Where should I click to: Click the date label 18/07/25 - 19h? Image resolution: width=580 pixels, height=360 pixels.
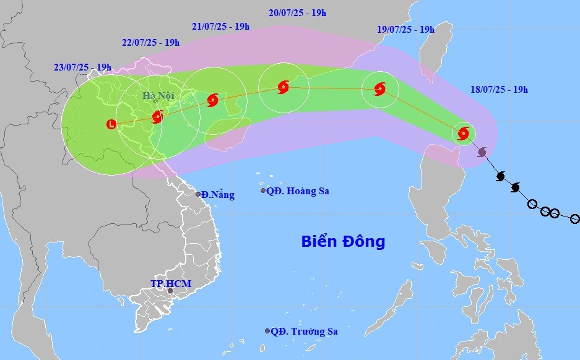(x=498, y=90)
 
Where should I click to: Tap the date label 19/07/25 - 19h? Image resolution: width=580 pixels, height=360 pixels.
(x=405, y=29)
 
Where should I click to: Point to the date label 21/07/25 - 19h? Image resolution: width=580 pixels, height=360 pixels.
(x=221, y=27)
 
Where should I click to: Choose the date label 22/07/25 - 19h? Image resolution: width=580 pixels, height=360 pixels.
(x=151, y=43)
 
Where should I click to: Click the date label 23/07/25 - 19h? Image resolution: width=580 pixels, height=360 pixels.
(x=82, y=67)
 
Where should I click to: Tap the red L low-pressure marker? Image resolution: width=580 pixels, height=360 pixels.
(x=111, y=124)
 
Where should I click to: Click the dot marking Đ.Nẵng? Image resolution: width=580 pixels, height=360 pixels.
(x=199, y=194)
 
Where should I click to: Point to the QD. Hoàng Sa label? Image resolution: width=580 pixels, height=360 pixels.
(x=298, y=191)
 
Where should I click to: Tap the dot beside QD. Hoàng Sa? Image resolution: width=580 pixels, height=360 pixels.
(x=262, y=191)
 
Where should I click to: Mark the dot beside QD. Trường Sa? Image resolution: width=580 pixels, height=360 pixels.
(x=267, y=331)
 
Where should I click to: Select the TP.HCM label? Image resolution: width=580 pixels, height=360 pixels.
(x=171, y=284)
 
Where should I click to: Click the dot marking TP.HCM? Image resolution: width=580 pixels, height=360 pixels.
(x=170, y=291)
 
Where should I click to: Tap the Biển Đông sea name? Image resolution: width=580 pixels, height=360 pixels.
(x=343, y=241)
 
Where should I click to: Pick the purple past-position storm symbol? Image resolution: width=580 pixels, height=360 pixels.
(x=482, y=152)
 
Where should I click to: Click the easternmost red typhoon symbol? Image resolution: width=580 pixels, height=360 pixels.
(x=464, y=132)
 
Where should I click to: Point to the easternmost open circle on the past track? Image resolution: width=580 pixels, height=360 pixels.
(x=574, y=219)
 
